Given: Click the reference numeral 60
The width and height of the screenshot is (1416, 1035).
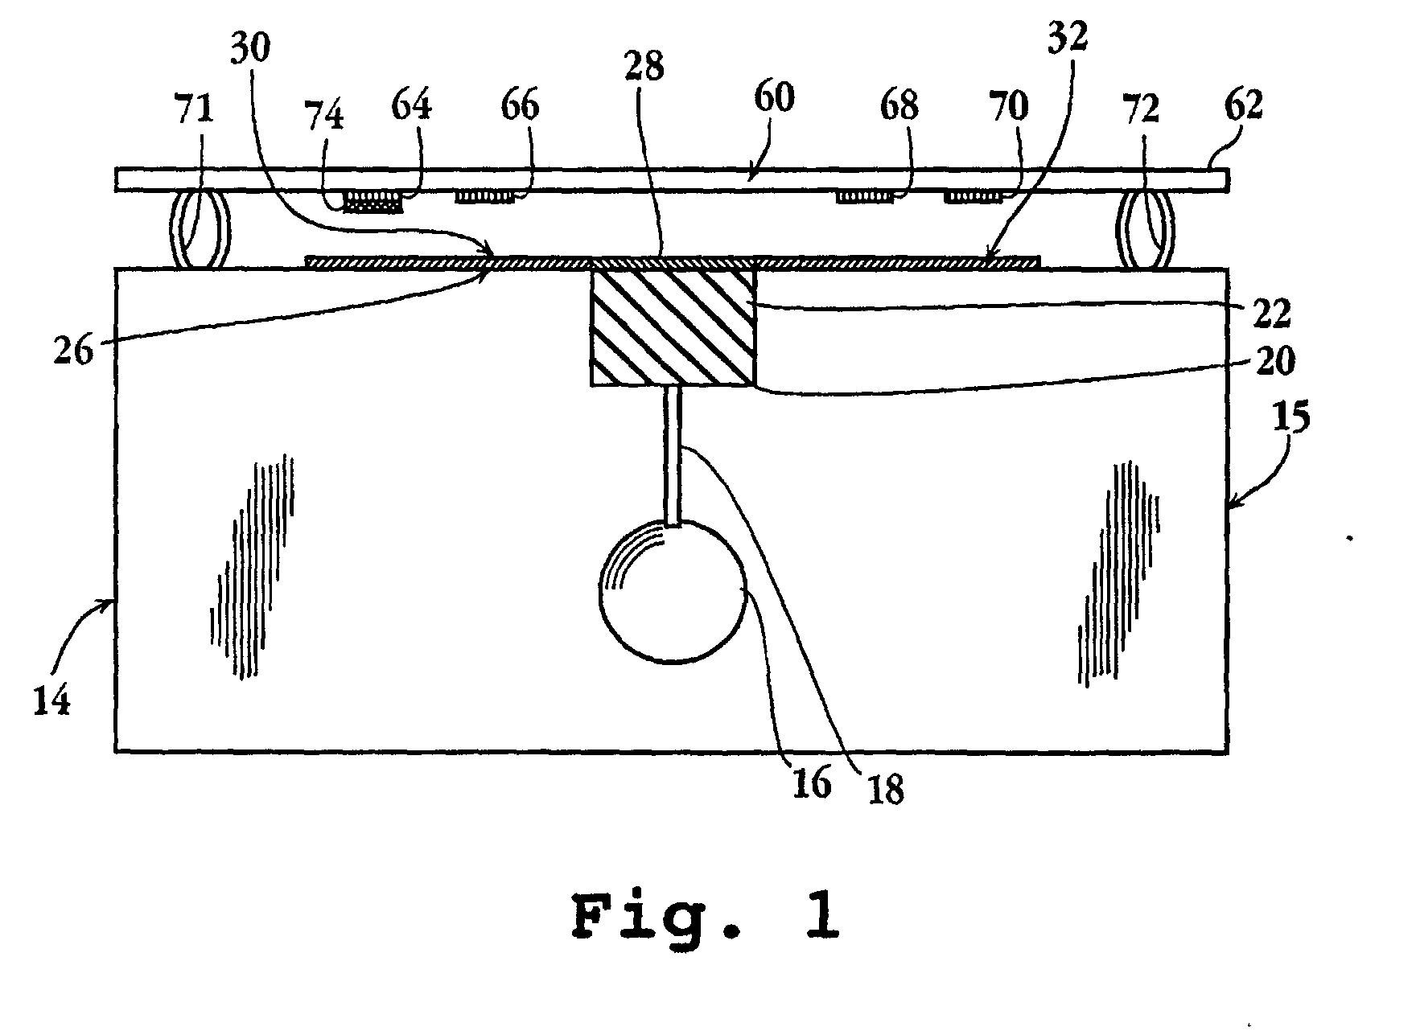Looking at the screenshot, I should [774, 98].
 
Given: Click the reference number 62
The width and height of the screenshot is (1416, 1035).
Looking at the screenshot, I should [1244, 105].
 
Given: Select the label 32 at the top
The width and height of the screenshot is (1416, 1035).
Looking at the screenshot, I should [1068, 38].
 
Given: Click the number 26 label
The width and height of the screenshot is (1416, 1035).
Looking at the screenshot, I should [74, 351].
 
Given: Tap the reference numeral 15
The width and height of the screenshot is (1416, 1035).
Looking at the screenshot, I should [1293, 417].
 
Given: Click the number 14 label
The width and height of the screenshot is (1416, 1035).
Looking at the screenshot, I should [51, 701].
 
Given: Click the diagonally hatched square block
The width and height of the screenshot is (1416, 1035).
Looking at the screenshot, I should [673, 327].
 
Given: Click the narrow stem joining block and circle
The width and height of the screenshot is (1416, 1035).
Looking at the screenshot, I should [673, 454].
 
